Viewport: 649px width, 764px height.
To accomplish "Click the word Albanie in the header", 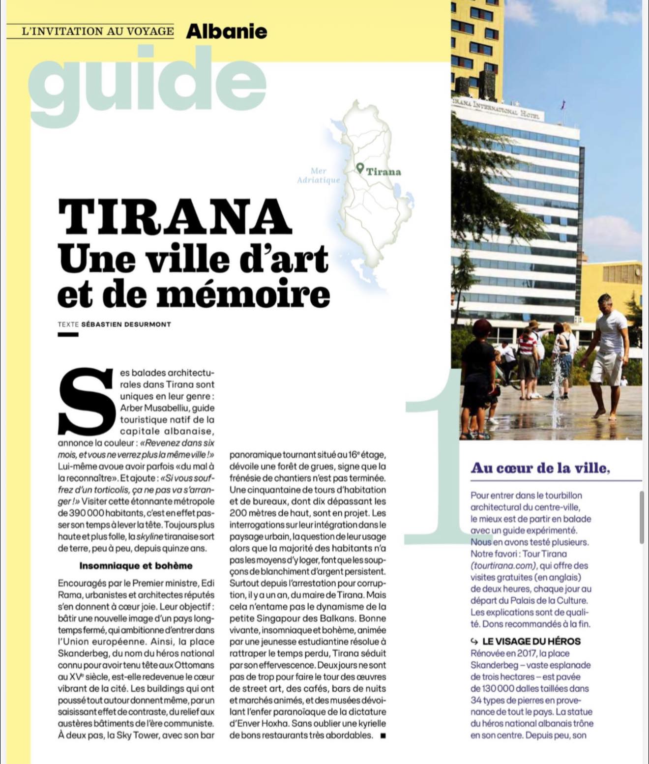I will [227, 31].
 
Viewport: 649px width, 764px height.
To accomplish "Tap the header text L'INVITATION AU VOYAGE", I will [98, 31].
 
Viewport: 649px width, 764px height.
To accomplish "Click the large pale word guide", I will [147, 86].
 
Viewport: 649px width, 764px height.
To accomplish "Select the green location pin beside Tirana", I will [360, 169].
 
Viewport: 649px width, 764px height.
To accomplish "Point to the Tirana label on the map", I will [383, 172].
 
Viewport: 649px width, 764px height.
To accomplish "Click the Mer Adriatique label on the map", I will [319, 176].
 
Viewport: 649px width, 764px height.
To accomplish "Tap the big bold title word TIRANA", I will [175, 217].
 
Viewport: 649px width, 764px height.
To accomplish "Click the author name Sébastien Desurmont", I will [126, 324].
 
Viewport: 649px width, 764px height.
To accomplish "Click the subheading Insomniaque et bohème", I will [136, 566].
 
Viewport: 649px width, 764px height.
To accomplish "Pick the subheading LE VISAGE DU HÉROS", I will [531, 641].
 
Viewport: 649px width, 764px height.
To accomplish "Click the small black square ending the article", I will [383, 736].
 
